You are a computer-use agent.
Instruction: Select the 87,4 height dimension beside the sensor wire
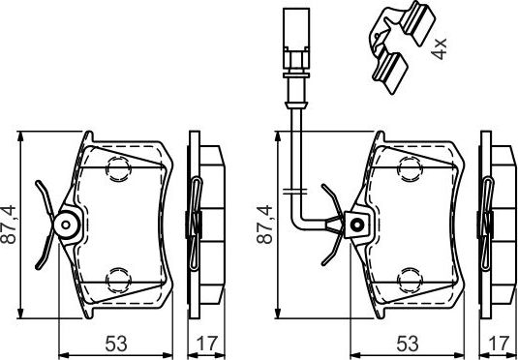264,225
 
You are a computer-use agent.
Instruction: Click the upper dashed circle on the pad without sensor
117,170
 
